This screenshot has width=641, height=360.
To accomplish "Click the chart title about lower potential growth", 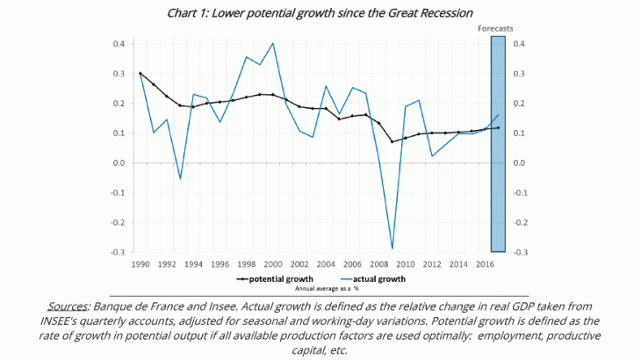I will click(x=320, y=12).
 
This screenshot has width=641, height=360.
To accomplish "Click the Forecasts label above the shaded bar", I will click(x=495, y=29).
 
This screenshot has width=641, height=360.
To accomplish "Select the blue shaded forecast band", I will click(x=495, y=145).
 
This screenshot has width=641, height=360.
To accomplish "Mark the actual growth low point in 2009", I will click(x=393, y=248).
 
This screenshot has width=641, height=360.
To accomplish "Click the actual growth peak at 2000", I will click(x=273, y=43).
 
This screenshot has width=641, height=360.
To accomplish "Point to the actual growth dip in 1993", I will click(x=180, y=179).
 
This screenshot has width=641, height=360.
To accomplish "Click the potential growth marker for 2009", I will click(x=393, y=141).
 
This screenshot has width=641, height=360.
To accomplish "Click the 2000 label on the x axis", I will click(x=273, y=263).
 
